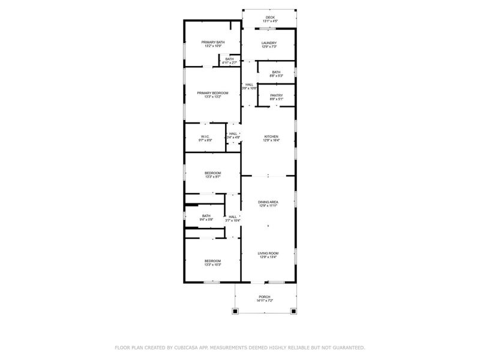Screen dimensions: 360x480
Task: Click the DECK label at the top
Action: (x=270, y=17)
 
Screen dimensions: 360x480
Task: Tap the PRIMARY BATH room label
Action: (x=213, y=42)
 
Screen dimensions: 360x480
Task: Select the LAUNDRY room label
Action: (x=269, y=43)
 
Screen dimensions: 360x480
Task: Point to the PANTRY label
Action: (x=277, y=95)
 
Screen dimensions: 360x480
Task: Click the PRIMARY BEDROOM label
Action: (x=213, y=92)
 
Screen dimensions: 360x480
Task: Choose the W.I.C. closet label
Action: (x=205, y=137)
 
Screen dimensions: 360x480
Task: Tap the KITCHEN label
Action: (x=271, y=137)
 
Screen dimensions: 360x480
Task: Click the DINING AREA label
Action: (x=268, y=202)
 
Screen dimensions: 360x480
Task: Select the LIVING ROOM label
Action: (x=268, y=253)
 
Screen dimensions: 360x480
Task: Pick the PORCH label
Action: (x=265, y=297)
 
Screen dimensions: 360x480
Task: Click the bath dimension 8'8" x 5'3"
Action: (x=276, y=76)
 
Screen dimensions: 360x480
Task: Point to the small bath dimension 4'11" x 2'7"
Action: (x=229, y=62)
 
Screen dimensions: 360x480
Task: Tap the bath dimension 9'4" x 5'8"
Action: (x=206, y=220)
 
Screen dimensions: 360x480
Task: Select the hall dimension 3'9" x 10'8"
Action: (x=249, y=88)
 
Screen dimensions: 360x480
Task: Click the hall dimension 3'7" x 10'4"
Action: (x=233, y=220)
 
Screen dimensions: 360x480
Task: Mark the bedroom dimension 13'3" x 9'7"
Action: (x=213, y=177)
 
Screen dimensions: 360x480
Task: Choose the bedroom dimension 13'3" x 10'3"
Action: (x=213, y=265)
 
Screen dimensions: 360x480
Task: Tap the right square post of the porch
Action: (x=293, y=311)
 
